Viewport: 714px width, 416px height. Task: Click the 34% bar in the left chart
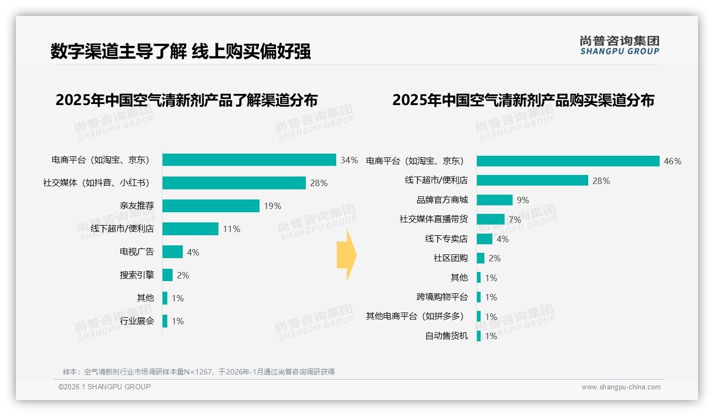pyautogui.click(x=249, y=160)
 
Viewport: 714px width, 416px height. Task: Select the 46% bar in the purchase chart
pyautogui.click(x=568, y=161)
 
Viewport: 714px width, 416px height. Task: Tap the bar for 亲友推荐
pyautogui.click(x=210, y=206)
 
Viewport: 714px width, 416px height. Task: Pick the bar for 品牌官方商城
pyautogui.click(x=494, y=200)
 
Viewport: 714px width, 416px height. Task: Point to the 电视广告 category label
pyautogui.click(x=136, y=252)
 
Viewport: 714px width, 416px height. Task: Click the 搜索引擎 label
pyautogui.click(x=136, y=275)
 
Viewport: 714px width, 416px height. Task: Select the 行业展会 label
pyautogui.click(x=136, y=321)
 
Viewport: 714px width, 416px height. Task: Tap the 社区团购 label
pyautogui.click(x=450, y=258)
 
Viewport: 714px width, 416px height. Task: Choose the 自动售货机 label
pyautogui.click(x=446, y=336)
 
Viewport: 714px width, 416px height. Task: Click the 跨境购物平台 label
pyautogui.click(x=442, y=297)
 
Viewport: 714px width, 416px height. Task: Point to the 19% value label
pyautogui.click(x=272, y=206)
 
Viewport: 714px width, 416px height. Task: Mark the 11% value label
pyautogui.click(x=231, y=229)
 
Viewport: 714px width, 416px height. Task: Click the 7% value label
pyautogui.click(x=515, y=220)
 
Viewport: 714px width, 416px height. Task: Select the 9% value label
pyautogui.click(x=523, y=201)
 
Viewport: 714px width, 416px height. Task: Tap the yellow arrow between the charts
pyautogui.click(x=346, y=255)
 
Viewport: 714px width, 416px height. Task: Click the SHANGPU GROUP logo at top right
pyautogui.click(x=619, y=45)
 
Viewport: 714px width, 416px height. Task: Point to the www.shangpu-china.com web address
pyautogui.click(x=621, y=387)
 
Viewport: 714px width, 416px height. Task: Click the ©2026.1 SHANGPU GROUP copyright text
pyautogui.click(x=104, y=387)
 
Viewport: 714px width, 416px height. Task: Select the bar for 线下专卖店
pyautogui.click(x=484, y=239)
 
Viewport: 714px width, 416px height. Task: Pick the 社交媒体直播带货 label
pyautogui.click(x=433, y=219)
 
